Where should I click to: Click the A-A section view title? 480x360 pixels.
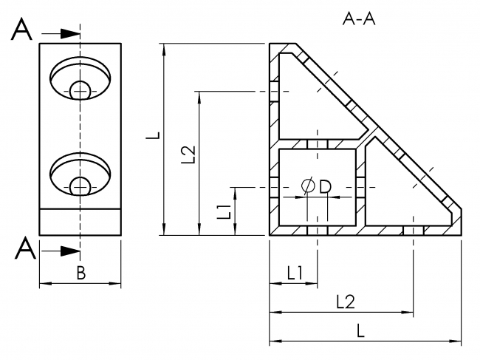[360, 19]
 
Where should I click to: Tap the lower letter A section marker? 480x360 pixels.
[24, 251]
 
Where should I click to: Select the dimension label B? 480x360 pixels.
[81, 273]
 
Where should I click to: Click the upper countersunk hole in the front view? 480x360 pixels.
[80, 78]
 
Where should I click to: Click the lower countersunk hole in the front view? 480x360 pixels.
[80, 174]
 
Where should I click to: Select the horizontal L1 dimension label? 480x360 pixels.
[295, 273]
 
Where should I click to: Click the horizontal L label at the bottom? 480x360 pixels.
[361, 331]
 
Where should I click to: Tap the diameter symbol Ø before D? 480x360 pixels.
[309, 186]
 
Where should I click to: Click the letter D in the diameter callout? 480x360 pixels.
[325, 186]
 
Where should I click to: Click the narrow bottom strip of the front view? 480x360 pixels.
[80, 222]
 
